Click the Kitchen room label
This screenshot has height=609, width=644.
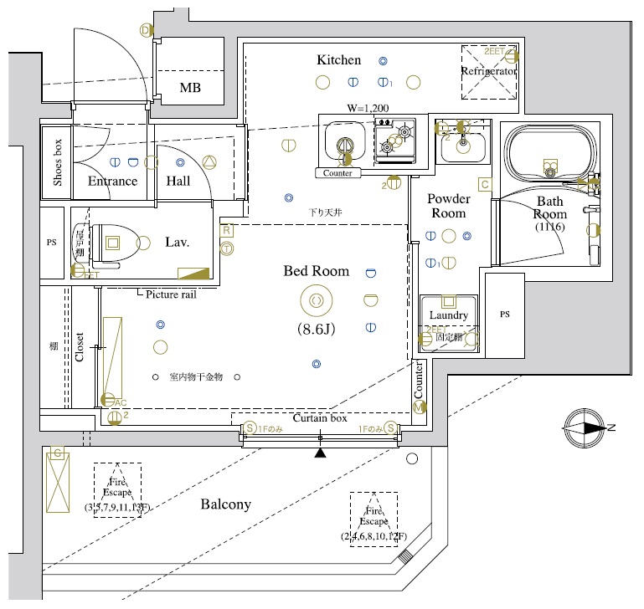point(338,60)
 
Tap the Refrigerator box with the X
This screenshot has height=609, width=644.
point(489,71)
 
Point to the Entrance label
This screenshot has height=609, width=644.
point(112,182)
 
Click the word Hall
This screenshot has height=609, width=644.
point(178,182)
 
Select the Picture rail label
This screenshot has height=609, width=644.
point(171,294)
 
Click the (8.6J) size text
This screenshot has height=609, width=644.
point(316,329)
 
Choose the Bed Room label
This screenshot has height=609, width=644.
point(316,271)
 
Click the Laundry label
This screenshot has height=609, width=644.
point(448,315)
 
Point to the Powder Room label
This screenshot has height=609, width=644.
point(448,206)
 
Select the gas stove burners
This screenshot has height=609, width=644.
point(394,139)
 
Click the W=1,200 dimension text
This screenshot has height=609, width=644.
point(368,109)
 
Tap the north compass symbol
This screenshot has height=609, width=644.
point(584,427)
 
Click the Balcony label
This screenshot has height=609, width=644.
point(225,504)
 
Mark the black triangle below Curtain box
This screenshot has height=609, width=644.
point(320,454)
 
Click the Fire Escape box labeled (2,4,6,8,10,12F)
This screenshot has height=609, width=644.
point(374,519)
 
